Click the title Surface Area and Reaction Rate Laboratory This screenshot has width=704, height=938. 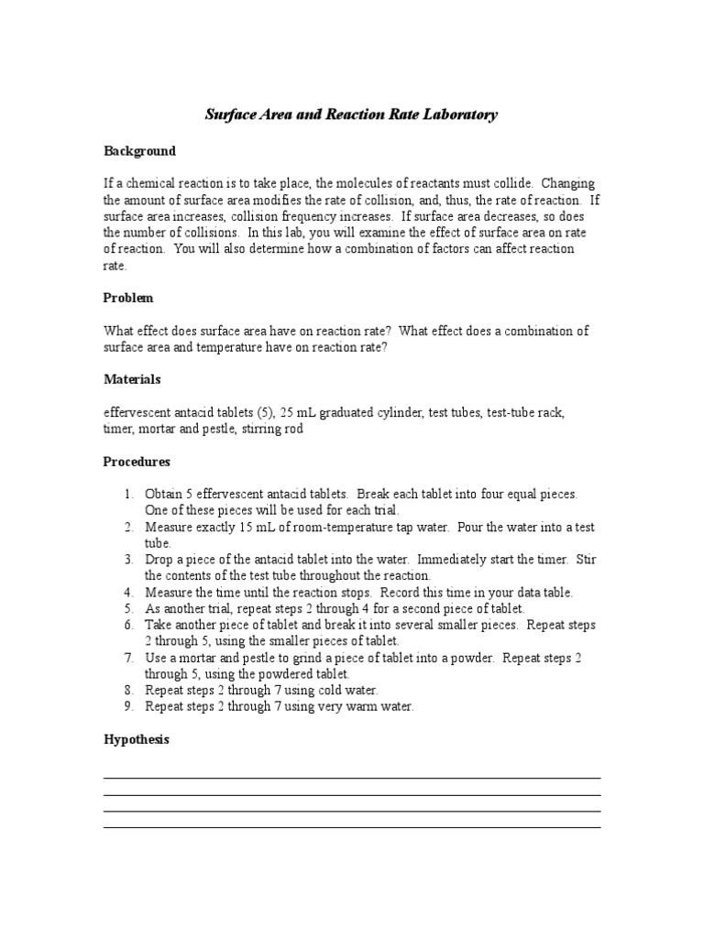[x=351, y=115]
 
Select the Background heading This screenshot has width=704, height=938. [x=139, y=151]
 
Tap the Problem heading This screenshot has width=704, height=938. [x=128, y=298]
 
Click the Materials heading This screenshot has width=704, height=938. [x=132, y=379]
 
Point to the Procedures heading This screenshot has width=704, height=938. [x=137, y=462]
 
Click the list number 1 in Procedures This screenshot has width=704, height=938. [x=128, y=494]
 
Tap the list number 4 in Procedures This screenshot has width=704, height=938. [x=128, y=593]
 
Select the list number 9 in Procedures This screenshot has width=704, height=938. [x=128, y=707]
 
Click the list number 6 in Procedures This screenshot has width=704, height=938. [x=128, y=626]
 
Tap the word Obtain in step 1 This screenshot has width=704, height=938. [x=165, y=494]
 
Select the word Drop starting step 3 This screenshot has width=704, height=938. [x=159, y=560]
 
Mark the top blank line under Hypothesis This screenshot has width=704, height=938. [x=351, y=779]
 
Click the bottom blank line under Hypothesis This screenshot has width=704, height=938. [x=351, y=827]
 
